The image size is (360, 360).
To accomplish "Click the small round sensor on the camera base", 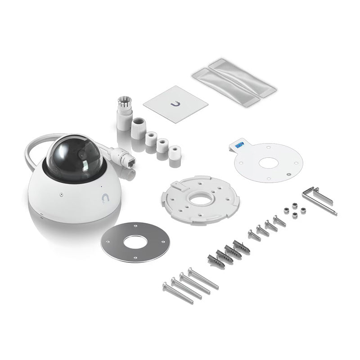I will click(x=61, y=195).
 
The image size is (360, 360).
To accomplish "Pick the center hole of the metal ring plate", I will click(x=135, y=242).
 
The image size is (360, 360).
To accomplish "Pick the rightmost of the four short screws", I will click(x=279, y=220).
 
